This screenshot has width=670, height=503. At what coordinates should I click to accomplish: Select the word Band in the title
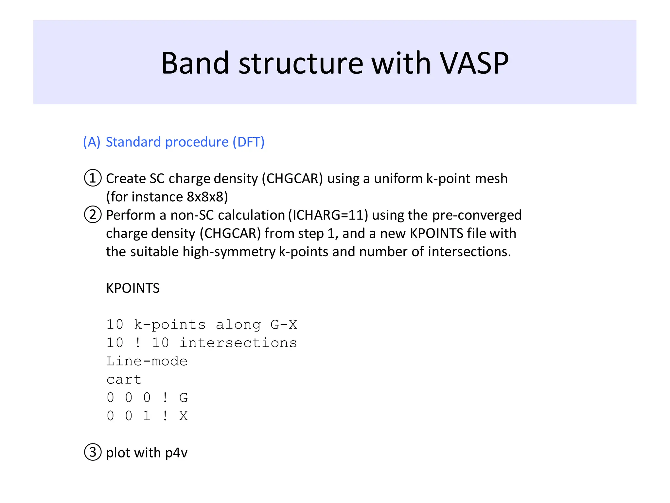[195, 63]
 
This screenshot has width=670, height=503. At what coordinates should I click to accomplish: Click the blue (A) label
[92, 142]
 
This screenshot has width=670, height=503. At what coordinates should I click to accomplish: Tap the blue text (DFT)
[248, 142]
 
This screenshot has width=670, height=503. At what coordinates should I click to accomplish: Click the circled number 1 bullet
[93, 178]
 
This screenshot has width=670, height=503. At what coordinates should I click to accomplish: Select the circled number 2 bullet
[93, 215]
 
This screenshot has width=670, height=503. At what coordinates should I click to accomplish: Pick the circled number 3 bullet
[93, 452]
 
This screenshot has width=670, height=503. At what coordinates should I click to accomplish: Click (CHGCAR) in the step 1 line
[292, 179]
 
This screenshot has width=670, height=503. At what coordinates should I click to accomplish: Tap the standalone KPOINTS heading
[133, 288]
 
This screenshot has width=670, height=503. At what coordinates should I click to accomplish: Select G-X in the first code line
[284, 325]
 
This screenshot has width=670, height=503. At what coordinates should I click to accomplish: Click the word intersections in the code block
[238, 343]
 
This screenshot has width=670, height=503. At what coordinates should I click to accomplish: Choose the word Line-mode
[147, 361]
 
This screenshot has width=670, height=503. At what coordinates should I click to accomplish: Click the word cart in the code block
[124, 380]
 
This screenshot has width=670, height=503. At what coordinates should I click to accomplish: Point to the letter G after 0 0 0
[184, 398]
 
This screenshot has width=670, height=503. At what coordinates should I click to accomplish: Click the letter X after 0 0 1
[184, 416]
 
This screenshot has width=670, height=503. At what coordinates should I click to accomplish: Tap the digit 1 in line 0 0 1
[147, 416]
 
